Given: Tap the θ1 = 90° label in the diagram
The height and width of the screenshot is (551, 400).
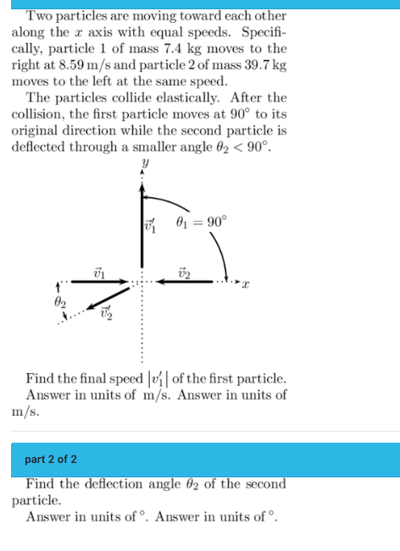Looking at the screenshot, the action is pos(200,223).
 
